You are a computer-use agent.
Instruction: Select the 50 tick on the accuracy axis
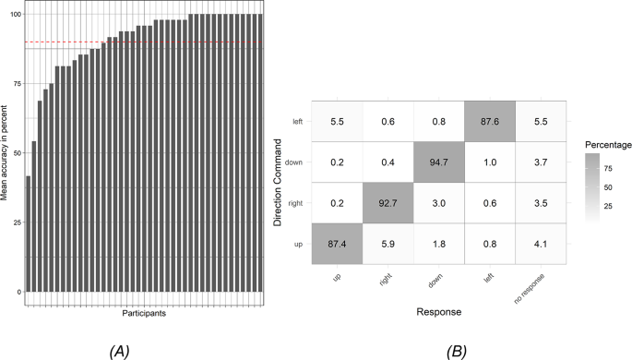(x=14, y=154)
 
